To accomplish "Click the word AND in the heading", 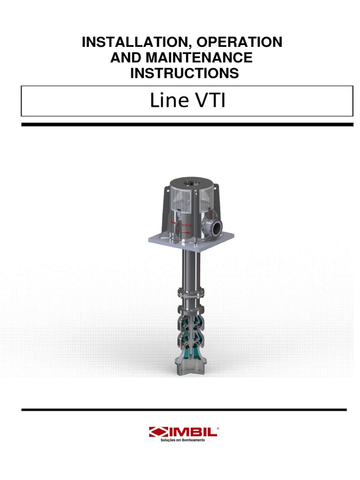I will (123, 58).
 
